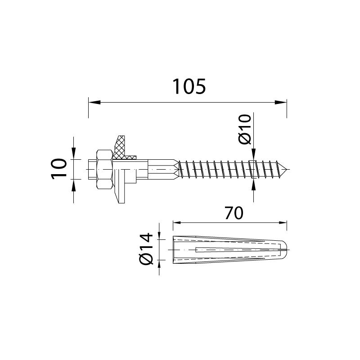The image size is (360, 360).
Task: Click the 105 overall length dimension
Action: (x=189, y=86)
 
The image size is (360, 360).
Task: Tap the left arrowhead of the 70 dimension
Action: (x=176, y=222)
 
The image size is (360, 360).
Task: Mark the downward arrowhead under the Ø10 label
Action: (x=253, y=156)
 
